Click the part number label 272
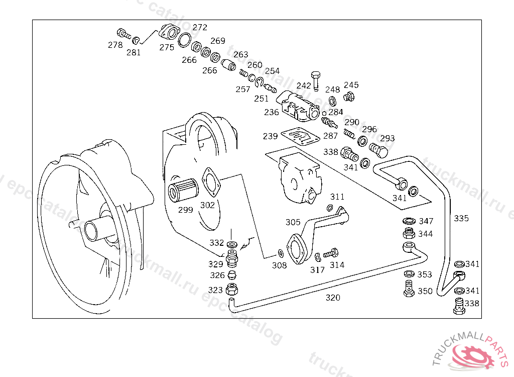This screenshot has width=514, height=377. click(x=200, y=27)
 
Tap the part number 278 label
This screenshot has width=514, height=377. click(x=115, y=45)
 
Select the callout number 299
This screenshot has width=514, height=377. click(x=186, y=210)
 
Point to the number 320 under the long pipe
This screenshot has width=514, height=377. click(x=333, y=298)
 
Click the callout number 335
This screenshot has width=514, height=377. click(x=461, y=218)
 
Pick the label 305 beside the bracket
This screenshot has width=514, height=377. click(x=293, y=222)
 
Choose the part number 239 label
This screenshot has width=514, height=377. click(x=270, y=136)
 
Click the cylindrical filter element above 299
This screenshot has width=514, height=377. click(x=183, y=190)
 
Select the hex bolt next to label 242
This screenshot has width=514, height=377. click(x=315, y=80)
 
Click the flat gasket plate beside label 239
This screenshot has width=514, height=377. click(x=300, y=136)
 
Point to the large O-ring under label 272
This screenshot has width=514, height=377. click(x=185, y=40)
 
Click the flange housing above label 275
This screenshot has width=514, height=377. click(x=170, y=32)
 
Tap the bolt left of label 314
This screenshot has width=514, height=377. click(x=331, y=253)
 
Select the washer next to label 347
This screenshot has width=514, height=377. click(x=409, y=221)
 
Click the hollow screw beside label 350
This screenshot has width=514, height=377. click(x=409, y=289)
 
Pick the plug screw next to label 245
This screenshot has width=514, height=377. click(x=349, y=97)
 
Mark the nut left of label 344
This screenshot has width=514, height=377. click(x=409, y=233)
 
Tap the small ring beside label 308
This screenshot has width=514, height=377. click(x=281, y=253)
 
